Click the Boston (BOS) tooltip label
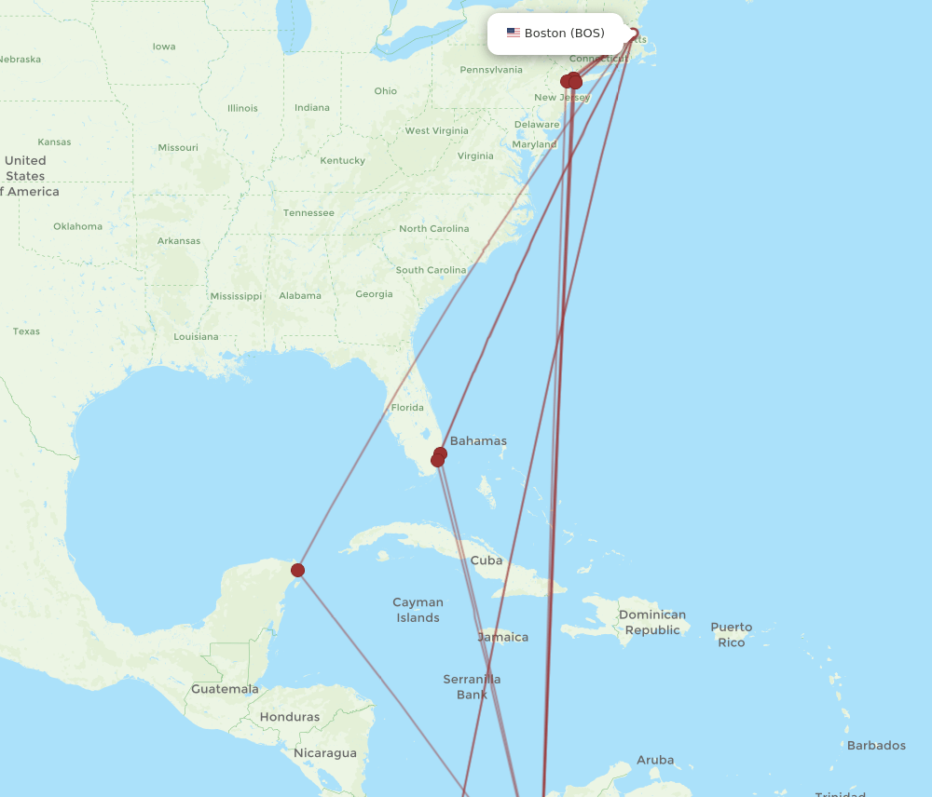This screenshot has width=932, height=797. tap(564, 34)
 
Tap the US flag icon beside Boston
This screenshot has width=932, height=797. tap(514, 33)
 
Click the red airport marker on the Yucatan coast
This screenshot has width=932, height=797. tap(297, 570)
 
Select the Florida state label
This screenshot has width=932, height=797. tap(407, 408)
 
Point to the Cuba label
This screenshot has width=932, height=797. tap(487, 561)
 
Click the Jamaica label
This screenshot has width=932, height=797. tap(503, 638)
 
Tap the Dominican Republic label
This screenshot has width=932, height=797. tap(652, 622)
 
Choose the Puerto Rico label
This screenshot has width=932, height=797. tap(732, 635)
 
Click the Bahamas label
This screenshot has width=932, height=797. tap(478, 441)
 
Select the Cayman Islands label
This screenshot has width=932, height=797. tap(418, 610)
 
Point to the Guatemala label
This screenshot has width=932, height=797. tap(225, 689)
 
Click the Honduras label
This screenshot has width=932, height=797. tap(290, 717)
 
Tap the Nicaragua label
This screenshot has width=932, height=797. tap(325, 752)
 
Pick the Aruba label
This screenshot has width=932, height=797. tap(655, 760)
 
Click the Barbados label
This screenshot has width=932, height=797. tap(876, 745)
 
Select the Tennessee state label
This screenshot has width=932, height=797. tap(308, 212)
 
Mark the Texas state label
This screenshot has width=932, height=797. tap(26, 331)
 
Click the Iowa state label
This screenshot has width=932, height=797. tap(164, 47)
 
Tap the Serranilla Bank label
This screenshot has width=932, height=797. tap(472, 686)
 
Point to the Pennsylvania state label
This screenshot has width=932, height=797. tap(491, 70)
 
